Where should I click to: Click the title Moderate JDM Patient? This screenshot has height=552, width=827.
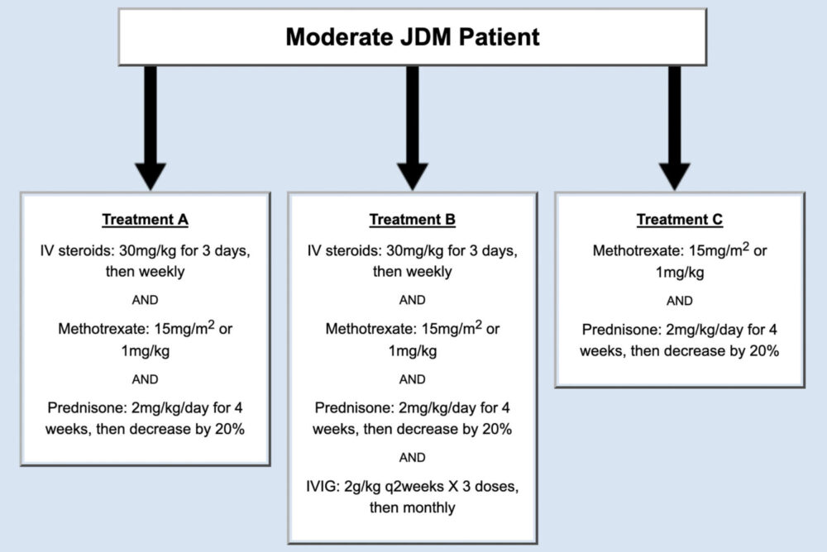tap(413, 37)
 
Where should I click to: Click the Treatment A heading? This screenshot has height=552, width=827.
tap(145, 220)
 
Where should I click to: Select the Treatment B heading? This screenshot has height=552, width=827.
tap(412, 220)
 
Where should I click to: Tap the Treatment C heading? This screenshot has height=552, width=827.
tap(679, 220)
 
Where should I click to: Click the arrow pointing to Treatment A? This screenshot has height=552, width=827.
tap(150, 132)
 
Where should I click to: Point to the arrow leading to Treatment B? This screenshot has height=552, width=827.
tap(412, 132)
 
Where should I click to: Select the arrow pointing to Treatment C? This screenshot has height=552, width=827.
tap(674, 132)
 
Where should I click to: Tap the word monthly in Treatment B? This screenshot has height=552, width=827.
tap(428, 507)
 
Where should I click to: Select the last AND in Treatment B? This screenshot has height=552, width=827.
tap(412, 457)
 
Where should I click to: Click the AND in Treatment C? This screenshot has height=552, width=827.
tap(679, 302)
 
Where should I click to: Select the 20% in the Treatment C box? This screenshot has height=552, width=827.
tap(762, 350)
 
